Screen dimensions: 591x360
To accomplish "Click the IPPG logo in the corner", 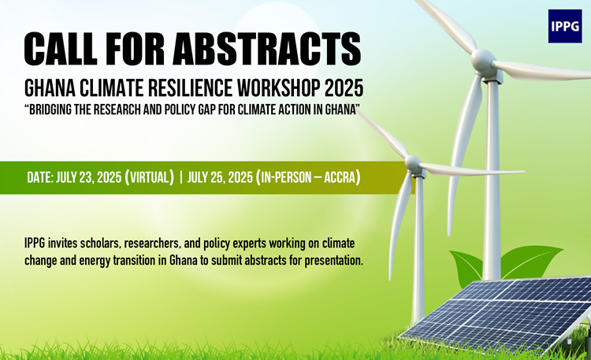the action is [x=565, y=26].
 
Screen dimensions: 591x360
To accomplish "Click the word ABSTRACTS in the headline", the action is [x=267, y=48].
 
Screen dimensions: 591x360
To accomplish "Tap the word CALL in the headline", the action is [x=61, y=48].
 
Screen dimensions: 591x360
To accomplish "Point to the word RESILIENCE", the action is [x=190, y=87].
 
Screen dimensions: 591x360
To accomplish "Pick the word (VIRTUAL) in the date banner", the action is [x=149, y=177].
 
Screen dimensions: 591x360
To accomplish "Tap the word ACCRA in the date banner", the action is [x=340, y=177].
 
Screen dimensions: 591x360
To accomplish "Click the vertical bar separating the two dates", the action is [x=181, y=177].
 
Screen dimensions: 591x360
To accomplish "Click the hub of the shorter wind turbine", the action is [x=413, y=164].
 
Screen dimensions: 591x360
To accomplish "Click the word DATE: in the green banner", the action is [x=40, y=177].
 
